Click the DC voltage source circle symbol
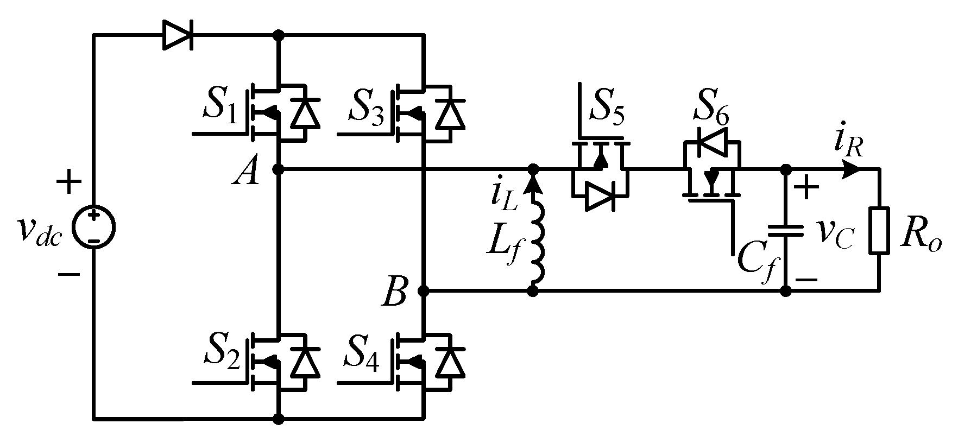(94, 228)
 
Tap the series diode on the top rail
(177, 36)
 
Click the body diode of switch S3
(451, 113)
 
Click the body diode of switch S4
(451, 362)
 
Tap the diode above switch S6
(712, 142)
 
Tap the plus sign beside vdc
(68, 184)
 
